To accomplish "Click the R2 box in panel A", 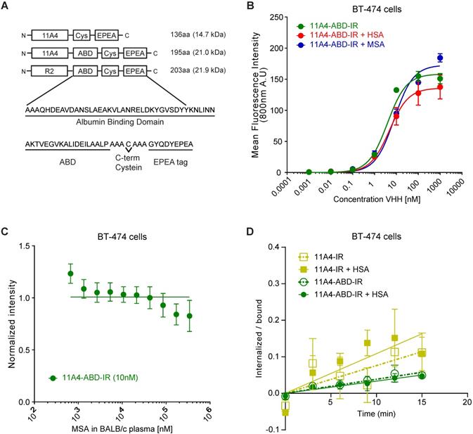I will pyautogui.click(x=43, y=70).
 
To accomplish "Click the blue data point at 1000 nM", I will pyautogui.click(x=440, y=58).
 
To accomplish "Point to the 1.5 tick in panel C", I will pyautogui.click(x=45, y=245).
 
